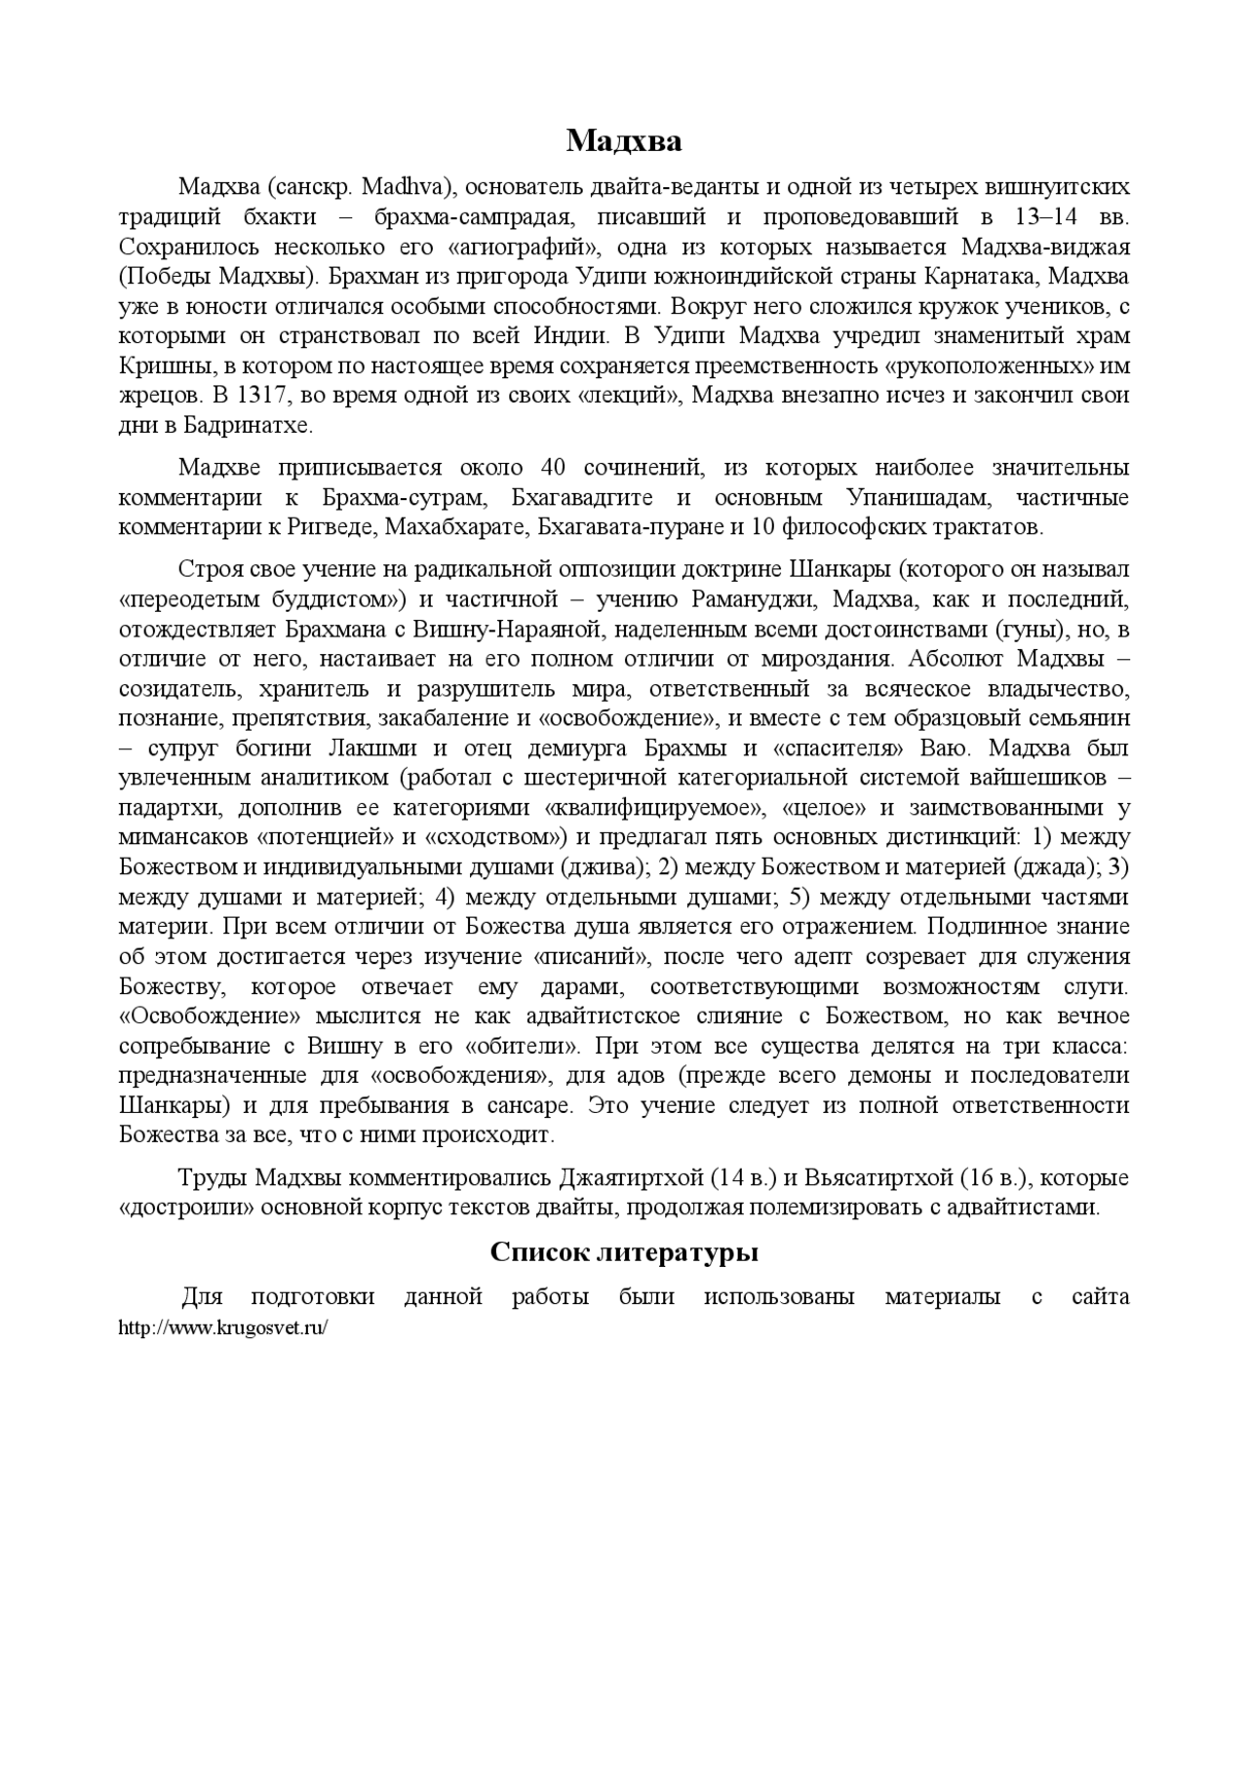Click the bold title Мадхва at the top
point(624,142)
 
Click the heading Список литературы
point(624,1252)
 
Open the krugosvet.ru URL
point(222,1327)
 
